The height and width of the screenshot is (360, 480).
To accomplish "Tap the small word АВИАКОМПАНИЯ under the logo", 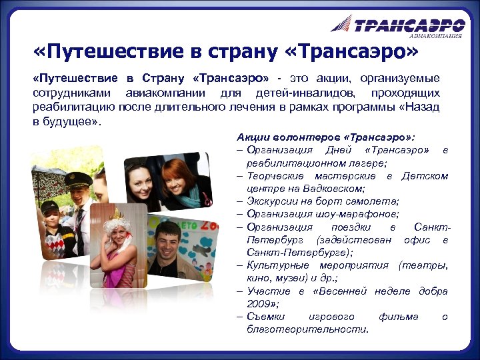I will (435, 36).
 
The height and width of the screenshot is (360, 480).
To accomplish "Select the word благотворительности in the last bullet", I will (307, 329).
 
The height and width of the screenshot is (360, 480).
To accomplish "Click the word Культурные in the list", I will (275, 265).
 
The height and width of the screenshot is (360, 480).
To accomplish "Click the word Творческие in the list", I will (276, 175).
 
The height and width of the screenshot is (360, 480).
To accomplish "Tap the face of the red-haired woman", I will (177, 177).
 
